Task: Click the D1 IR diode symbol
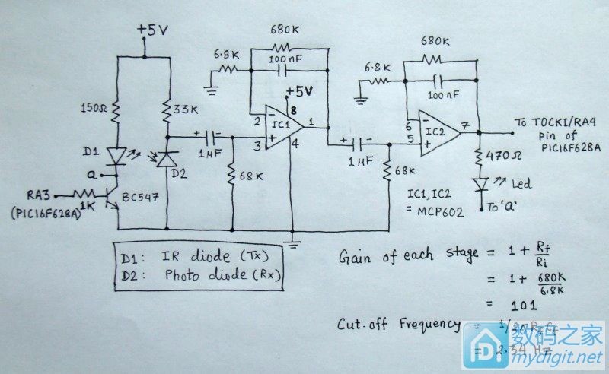point(116,155)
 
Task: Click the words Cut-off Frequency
point(397,325)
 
